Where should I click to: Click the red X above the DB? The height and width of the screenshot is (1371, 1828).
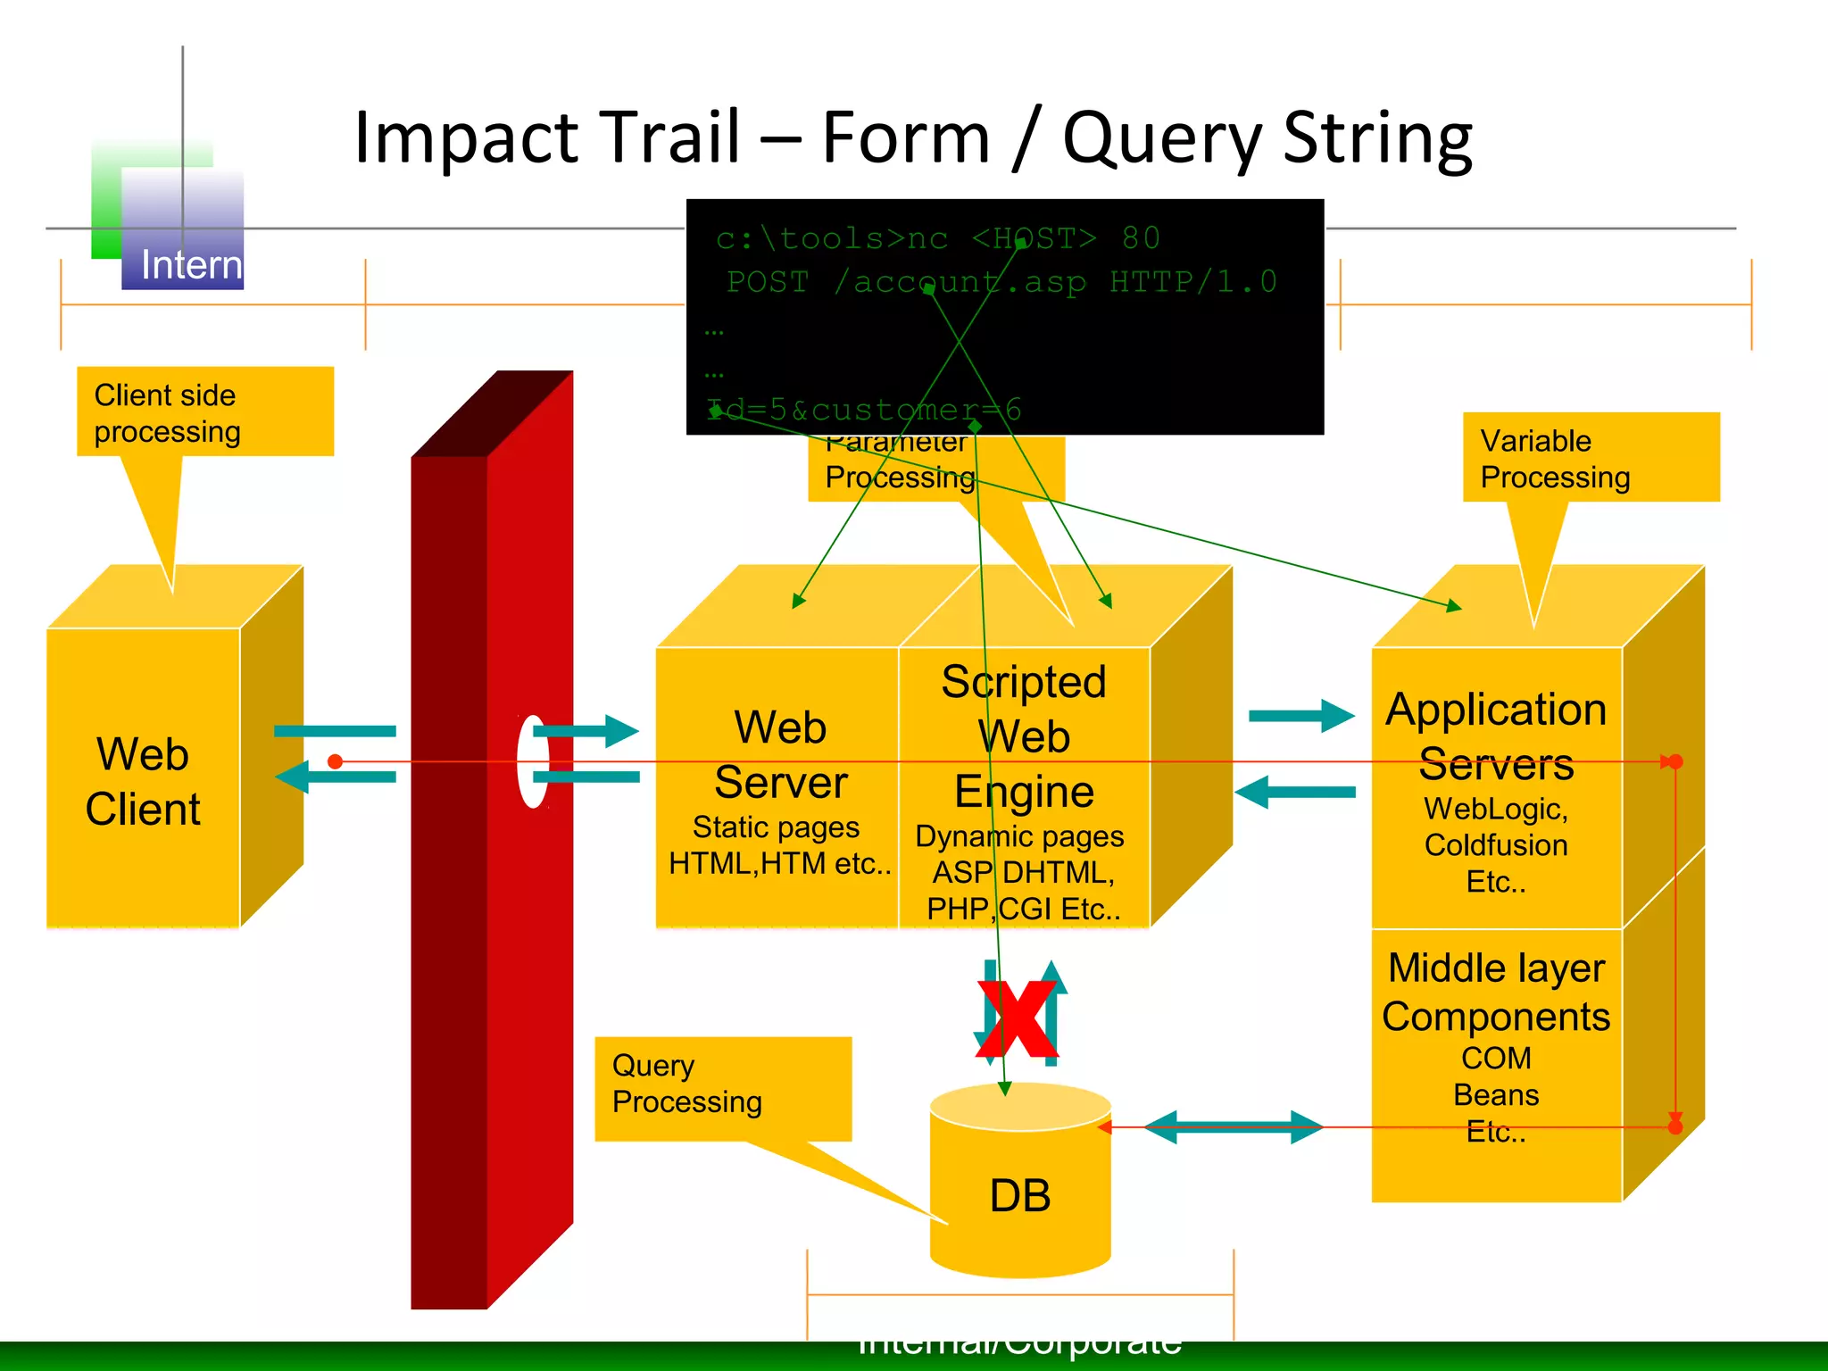coord(1018,1018)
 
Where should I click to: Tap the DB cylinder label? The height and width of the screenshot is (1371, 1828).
coord(1020,1195)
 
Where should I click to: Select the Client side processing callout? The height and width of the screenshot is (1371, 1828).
coord(204,412)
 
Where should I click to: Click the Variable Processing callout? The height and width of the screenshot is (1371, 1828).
coord(1590,458)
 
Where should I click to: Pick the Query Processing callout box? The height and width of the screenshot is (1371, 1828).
coord(722,1085)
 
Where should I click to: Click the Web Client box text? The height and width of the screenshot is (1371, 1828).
coord(143,781)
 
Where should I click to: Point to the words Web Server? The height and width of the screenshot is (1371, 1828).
coord(779,755)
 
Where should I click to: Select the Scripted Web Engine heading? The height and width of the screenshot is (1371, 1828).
coord(1024,736)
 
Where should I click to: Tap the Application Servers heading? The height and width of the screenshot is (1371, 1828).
coord(1496,736)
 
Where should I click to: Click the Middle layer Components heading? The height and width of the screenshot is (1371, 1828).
coord(1496,992)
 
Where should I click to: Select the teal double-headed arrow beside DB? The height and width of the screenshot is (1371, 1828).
coord(1233,1126)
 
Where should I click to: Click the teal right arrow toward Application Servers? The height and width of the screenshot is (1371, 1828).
coord(1301,715)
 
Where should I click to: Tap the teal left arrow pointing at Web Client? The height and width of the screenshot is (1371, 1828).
coord(335,777)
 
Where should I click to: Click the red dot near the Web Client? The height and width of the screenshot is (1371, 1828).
coord(335,761)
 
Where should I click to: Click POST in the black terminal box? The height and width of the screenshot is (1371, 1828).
coord(767,282)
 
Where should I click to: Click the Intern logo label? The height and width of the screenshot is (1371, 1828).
coord(191,265)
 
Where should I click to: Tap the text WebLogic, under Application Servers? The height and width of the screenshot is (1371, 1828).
coord(1496,809)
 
